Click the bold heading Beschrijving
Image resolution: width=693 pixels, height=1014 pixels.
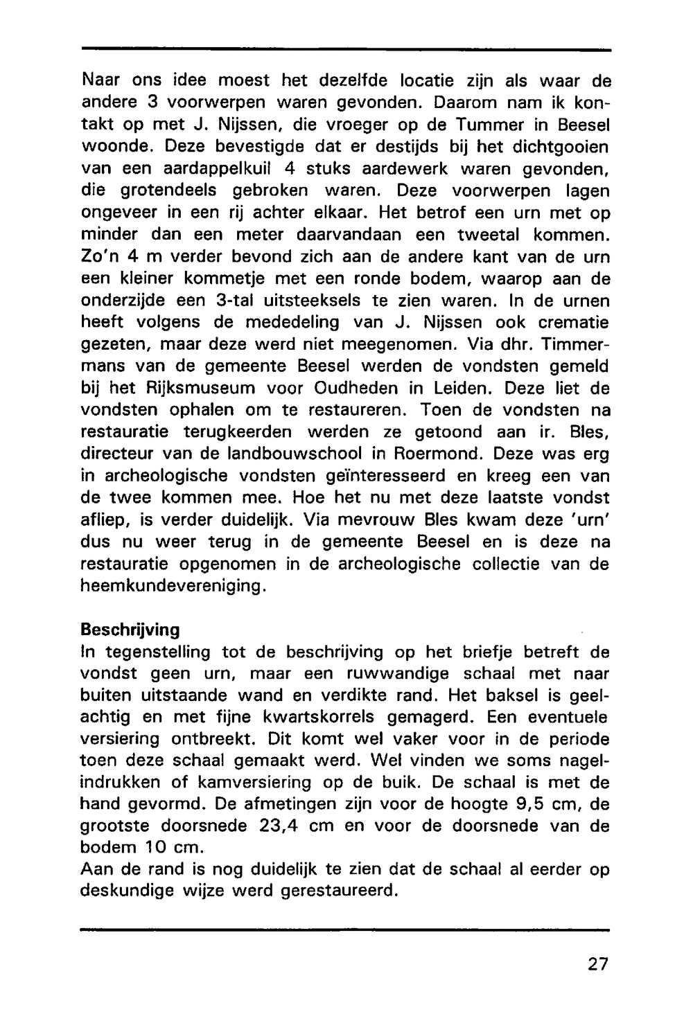[x=130, y=630]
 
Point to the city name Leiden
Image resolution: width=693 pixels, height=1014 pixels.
[x=467, y=388]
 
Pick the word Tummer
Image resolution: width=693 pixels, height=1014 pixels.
[x=444, y=125]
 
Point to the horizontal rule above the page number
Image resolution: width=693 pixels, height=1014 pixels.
[x=345, y=929]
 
